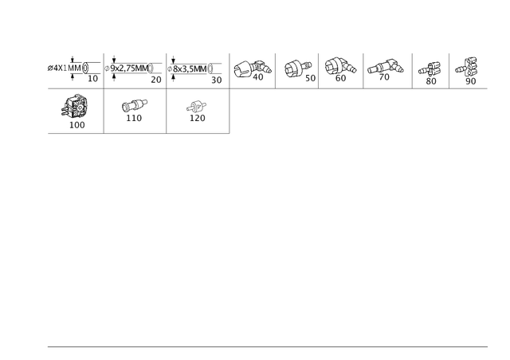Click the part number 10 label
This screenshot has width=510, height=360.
tap(92, 79)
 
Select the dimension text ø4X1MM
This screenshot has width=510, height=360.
tap(64, 68)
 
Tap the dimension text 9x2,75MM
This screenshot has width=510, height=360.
tap(129, 68)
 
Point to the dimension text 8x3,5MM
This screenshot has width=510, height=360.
tap(190, 69)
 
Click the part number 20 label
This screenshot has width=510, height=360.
tap(156, 80)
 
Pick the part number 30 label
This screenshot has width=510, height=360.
tap(217, 80)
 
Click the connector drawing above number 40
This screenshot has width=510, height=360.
tap(253, 68)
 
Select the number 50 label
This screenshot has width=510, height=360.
tap(310, 78)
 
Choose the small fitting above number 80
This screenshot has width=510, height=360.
tap(430, 69)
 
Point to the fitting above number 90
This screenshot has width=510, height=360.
tap(467, 67)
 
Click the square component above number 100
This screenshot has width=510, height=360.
tap(75, 106)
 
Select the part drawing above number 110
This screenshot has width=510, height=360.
tap(135, 105)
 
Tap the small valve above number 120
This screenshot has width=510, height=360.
tap(197, 106)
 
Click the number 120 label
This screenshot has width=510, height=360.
tap(198, 118)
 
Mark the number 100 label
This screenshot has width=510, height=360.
tap(77, 125)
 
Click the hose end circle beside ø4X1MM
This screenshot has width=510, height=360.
tap(85, 68)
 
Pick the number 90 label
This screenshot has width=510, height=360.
tap(471, 81)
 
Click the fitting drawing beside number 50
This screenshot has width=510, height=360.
tap(297, 68)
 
